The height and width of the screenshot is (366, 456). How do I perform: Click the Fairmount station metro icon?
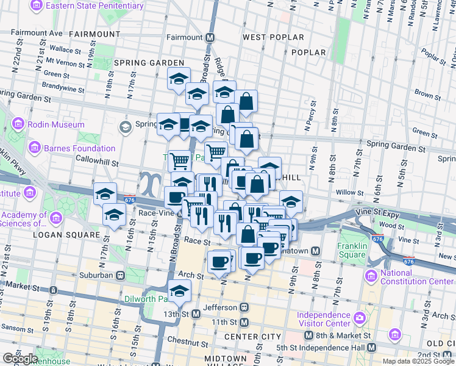click(x=210, y=37)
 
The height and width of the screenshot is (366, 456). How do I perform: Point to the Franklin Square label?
click(x=352, y=251)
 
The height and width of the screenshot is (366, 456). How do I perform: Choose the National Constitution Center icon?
click(x=372, y=277)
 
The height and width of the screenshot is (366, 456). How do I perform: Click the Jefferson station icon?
click(x=244, y=307)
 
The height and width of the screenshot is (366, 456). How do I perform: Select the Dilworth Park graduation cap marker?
click(x=179, y=292)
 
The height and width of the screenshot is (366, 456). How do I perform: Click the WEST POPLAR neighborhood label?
click(x=273, y=37)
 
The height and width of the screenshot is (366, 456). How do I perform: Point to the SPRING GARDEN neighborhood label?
click(x=149, y=63)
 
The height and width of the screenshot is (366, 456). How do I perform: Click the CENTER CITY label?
click(x=252, y=337)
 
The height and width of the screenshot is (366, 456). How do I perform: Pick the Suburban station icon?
click(x=121, y=274)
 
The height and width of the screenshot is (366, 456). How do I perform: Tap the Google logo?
click(x=21, y=359)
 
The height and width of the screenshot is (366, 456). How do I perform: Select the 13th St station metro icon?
click(x=196, y=314)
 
